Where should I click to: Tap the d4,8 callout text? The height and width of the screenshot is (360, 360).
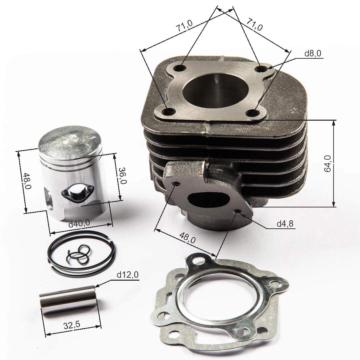point(285,224)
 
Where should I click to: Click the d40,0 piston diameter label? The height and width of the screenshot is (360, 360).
point(79,224)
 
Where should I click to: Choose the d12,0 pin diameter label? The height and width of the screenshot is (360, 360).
point(128,275)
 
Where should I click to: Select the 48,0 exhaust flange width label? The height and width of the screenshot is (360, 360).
point(187,239)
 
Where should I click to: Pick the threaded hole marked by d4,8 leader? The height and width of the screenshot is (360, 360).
point(237,212)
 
